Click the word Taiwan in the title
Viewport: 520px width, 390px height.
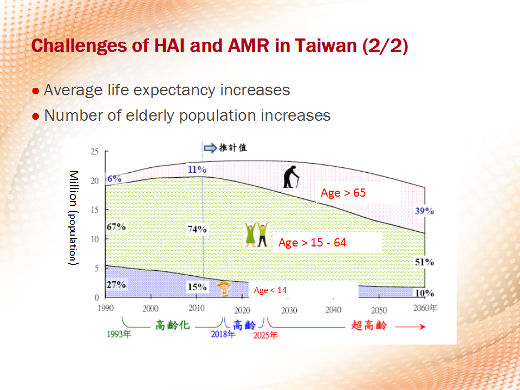pyautogui.click(x=326, y=45)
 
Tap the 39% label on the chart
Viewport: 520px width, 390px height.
pyautogui.click(x=425, y=211)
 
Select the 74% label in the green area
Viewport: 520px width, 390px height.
pyautogui.click(x=197, y=229)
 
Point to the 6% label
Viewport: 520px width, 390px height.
pyautogui.click(x=114, y=179)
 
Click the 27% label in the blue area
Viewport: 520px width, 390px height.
pyautogui.click(x=116, y=284)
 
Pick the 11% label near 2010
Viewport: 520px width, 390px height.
pyautogui.click(x=197, y=170)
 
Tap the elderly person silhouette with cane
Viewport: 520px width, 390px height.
pyautogui.click(x=291, y=177)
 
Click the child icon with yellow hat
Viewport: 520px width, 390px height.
pyautogui.click(x=224, y=288)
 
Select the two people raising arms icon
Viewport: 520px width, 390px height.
pyautogui.click(x=256, y=235)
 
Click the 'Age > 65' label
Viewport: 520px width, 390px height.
pyautogui.click(x=343, y=193)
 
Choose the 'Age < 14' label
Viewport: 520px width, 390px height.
pyautogui.click(x=270, y=290)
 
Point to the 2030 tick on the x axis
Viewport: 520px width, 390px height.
pyautogui.click(x=289, y=310)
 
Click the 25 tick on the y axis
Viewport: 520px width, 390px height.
pyautogui.click(x=95, y=152)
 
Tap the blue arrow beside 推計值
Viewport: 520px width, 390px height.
pyautogui.click(x=210, y=148)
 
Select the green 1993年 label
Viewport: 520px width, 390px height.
pyautogui.click(x=119, y=334)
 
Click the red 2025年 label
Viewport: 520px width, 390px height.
pyautogui.click(x=265, y=335)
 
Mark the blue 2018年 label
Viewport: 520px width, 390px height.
pyautogui.click(x=223, y=334)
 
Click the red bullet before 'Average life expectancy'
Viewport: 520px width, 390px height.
pyautogui.click(x=36, y=91)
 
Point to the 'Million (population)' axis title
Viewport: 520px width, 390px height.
pyautogui.click(x=73, y=218)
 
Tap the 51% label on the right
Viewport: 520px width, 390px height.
pyautogui.click(x=425, y=262)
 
